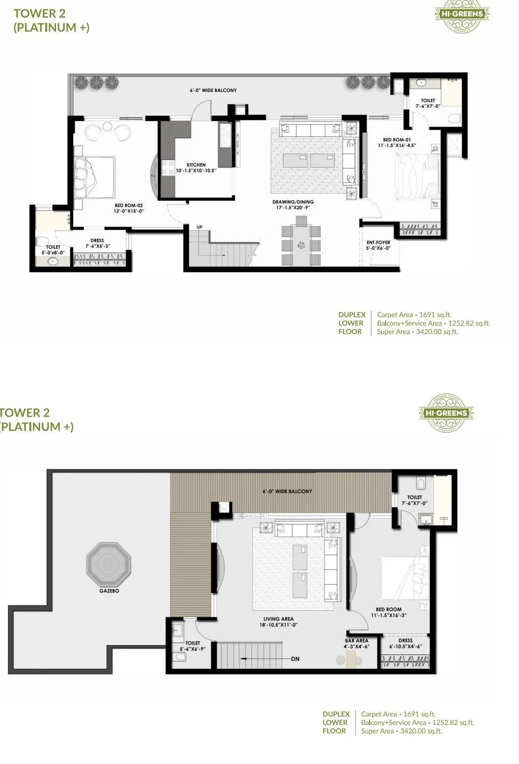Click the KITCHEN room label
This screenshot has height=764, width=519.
(196, 165)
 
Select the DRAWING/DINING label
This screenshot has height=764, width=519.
(293, 202)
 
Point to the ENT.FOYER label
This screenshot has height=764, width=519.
(378, 242)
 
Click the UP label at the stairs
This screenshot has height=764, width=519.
(199, 227)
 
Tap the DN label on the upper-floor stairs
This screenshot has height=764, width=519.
(295, 659)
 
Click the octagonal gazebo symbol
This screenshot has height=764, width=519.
(109, 565)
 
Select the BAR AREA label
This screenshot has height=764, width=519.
(357, 641)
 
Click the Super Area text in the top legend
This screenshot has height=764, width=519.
(417, 332)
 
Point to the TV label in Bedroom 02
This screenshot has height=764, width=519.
(153, 176)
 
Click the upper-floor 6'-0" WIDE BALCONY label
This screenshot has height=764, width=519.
(287, 491)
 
